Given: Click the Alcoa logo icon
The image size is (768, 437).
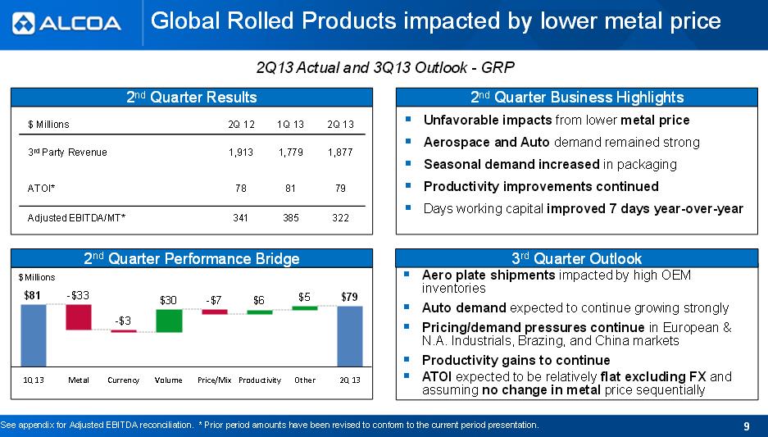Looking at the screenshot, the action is click(x=24, y=23).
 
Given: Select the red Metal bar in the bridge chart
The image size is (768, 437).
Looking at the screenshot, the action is click(x=79, y=317).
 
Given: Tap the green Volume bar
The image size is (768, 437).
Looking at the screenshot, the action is click(x=169, y=321).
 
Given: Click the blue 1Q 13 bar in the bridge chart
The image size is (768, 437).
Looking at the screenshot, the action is click(x=34, y=335).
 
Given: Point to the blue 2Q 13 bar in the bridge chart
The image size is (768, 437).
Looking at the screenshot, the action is click(x=350, y=336).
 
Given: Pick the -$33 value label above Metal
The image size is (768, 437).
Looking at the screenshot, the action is click(x=78, y=295).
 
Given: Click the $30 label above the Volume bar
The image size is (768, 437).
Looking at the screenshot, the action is click(x=168, y=300).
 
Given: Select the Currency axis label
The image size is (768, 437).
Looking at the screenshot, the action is click(x=124, y=380).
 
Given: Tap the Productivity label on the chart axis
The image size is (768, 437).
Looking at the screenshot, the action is click(x=260, y=380).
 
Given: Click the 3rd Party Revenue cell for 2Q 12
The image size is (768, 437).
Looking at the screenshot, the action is click(x=241, y=152).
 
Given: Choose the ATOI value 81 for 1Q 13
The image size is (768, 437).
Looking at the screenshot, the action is click(x=290, y=188).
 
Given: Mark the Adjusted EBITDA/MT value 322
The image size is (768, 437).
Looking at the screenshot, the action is click(x=340, y=217).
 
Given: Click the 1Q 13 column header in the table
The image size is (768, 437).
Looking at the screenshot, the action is click(x=290, y=125).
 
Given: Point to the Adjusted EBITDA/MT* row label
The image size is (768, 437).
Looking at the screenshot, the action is click(x=76, y=217).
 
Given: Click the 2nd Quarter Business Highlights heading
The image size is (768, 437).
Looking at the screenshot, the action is click(x=577, y=97).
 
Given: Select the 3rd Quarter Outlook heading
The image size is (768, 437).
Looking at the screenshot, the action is click(x=576, y=258).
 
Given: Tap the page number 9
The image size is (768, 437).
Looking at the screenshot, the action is click(x=747, y=426).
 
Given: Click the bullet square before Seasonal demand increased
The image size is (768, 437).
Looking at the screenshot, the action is click(x=408, y=164).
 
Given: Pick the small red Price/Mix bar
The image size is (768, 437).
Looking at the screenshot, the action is click(x=215, y=312).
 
